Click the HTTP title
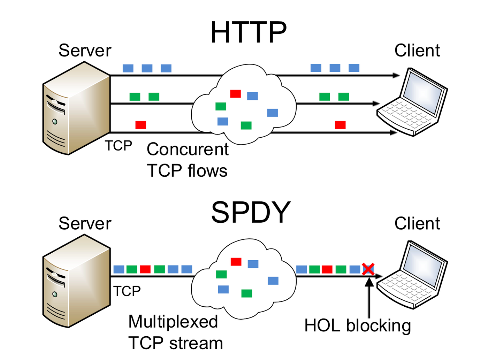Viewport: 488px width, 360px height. [248, 32]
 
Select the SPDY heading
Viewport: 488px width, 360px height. [251, 213]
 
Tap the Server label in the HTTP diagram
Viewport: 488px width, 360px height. [85, 51]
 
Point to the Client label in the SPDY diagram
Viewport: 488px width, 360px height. [417, 223]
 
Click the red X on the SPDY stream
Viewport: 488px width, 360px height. [368, 269]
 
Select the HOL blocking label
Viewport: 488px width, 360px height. [357, 326]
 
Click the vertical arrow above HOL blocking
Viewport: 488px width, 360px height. [369, 296]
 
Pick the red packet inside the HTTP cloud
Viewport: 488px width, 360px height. [235, 93]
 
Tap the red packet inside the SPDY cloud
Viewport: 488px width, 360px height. [236, 261]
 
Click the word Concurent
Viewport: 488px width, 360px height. [188, 150]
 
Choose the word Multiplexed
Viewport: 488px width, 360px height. [173, 322]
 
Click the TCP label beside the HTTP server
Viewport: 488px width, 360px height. [119, 146]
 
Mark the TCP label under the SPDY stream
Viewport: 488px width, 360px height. [127, 291]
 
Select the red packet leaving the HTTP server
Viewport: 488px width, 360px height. [140, 125]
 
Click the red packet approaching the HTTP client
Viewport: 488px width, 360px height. [340, 125]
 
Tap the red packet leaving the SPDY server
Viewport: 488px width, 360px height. [145, 269]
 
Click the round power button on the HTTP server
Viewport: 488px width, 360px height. [55, 121]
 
